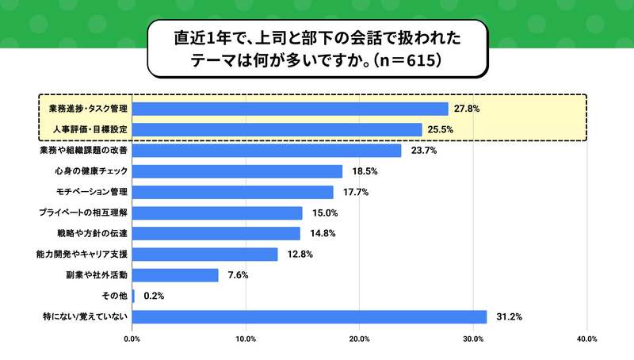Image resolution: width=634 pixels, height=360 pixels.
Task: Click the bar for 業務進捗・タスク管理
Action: tap(290, 109)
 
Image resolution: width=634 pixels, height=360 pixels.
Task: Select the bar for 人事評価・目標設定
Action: tap(277, 129)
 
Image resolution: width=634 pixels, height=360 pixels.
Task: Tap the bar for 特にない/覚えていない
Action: tap(309, 316)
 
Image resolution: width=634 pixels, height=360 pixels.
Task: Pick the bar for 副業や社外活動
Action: tap(175, 275)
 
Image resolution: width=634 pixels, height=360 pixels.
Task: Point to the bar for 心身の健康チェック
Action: tap(238, 171)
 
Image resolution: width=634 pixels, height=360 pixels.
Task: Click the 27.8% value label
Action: tap(466, 109)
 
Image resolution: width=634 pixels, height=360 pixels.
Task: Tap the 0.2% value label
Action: tap(152, 296)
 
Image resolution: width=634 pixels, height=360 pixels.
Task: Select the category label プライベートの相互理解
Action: tap(84, 213)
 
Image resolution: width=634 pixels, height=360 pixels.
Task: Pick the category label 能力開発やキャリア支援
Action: tap(84, 255)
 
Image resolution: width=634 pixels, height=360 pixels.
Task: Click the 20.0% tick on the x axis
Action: tap(360, 339)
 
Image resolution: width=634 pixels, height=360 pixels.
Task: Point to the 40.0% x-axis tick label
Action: tap(586, 339)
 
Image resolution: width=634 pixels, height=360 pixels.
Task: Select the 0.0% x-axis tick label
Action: tap(132, 339)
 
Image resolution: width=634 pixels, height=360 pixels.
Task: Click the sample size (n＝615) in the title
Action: tap(406, 60)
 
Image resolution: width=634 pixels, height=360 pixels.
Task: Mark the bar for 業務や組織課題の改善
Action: tap(267, 151)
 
